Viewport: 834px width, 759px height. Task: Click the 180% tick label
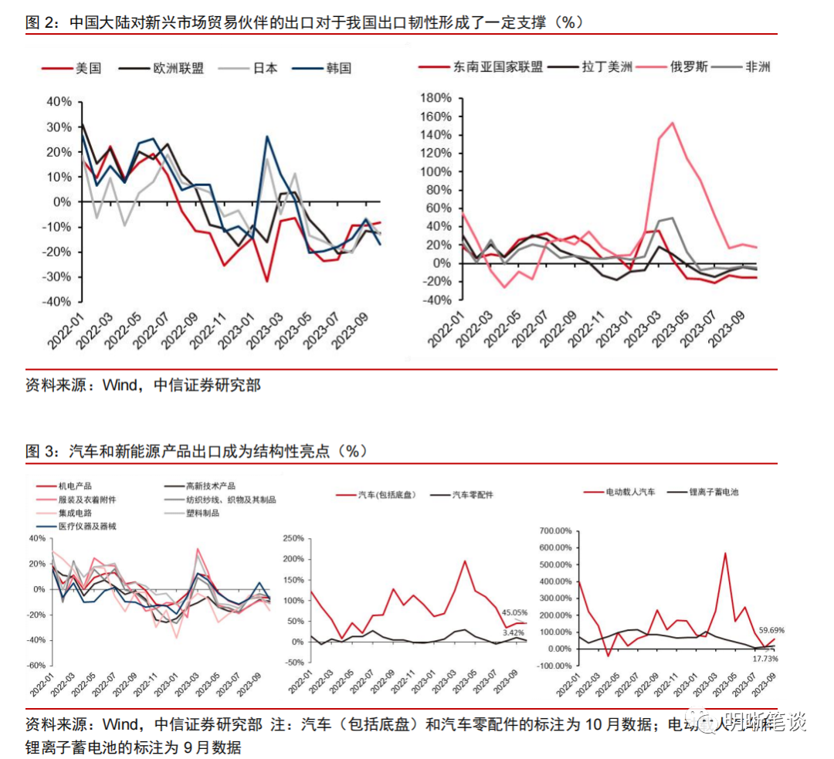pos(434,97)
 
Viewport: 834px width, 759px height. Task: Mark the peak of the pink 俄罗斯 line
pos(673,122)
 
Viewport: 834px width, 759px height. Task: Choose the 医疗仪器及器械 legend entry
pos(88,526)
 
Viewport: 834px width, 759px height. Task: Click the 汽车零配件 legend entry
pos(472,495)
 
